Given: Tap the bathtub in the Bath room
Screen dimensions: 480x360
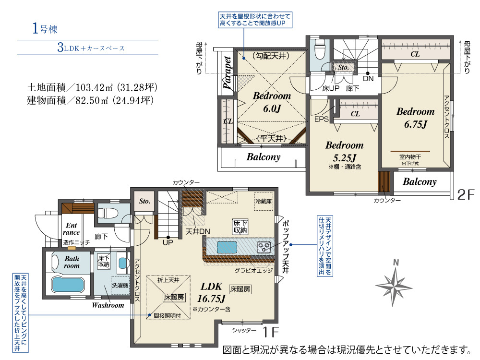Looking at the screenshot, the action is click(x=68, y=284).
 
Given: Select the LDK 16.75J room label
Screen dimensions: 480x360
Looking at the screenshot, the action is click(x=211, y=292).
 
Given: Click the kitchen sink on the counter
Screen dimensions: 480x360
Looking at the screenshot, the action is click(x=227, y=247).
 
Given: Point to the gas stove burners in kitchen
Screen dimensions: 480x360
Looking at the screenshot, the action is click(x=264, y=247).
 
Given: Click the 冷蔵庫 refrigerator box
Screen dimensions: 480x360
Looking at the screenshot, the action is click(x=264, y=201).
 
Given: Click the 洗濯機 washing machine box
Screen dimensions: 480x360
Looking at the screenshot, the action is click(x=120, y=285).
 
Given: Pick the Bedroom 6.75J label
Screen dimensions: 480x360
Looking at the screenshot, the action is click(x=415, y=118).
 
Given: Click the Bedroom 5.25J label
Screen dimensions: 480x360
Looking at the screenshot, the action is click(x=344, y=152).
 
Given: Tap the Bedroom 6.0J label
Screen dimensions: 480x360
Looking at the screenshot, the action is click(x=272, y=102).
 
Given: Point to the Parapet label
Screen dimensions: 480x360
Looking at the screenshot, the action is click(x=227, y=73).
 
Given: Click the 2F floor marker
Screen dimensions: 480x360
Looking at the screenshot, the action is click(x=466, y=194).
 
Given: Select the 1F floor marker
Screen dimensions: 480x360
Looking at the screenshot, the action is click(x=270, y=332).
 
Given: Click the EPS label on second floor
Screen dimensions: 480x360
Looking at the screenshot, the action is click(x=322, y=119).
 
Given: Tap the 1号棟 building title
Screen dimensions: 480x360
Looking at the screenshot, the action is click(x=45, y=28).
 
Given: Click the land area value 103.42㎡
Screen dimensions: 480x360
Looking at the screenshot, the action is click(x=94, y=87).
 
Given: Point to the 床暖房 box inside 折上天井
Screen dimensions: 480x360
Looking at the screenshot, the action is click(x=174, y=297).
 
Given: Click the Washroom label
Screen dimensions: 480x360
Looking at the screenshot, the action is click(x=108, y=305).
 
